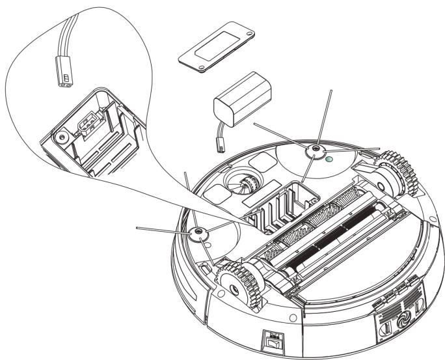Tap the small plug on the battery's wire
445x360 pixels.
coord(221,147)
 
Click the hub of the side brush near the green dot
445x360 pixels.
coord(316,150)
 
